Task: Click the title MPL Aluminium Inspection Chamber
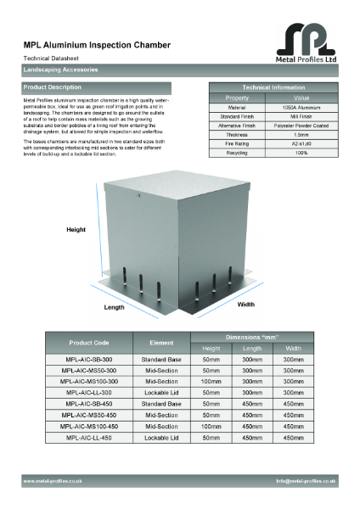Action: (x=97, y=44)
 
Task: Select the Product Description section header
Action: (x=53, y=87)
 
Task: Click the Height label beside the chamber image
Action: (x=77, y=230)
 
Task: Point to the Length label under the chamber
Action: (x=115, y=306)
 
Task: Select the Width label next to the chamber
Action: (x=246, y=304)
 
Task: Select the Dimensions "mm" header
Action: (x=252, y=337)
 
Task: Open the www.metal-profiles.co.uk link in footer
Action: (x=53, y=481)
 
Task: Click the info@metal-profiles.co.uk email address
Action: (x=306, y=481)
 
